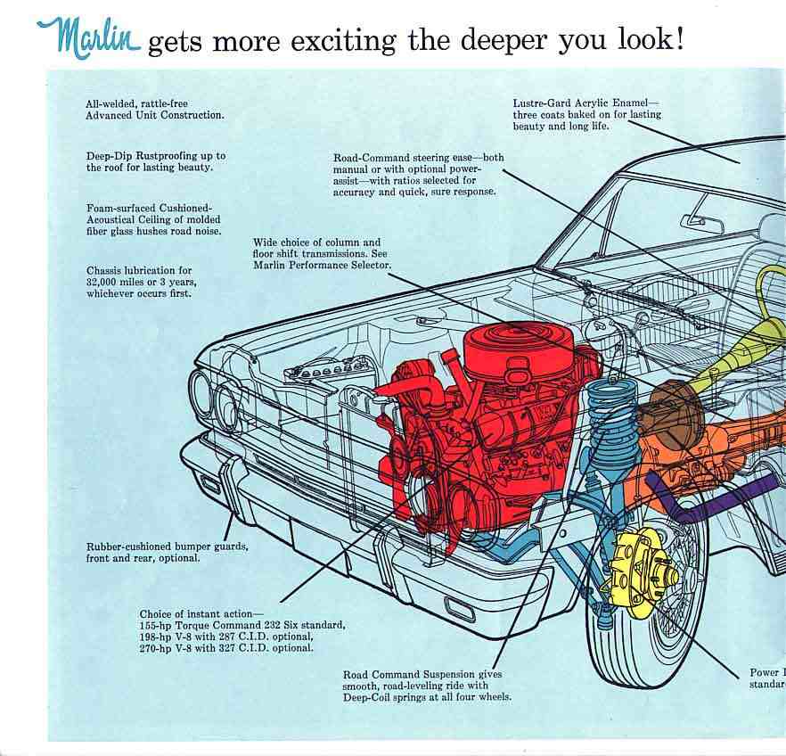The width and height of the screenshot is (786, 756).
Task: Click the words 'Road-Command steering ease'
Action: [399, 158]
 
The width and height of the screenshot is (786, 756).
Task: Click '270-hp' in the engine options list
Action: [158, 648]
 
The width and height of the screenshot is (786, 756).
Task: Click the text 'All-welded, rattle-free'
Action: [136, 103]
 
